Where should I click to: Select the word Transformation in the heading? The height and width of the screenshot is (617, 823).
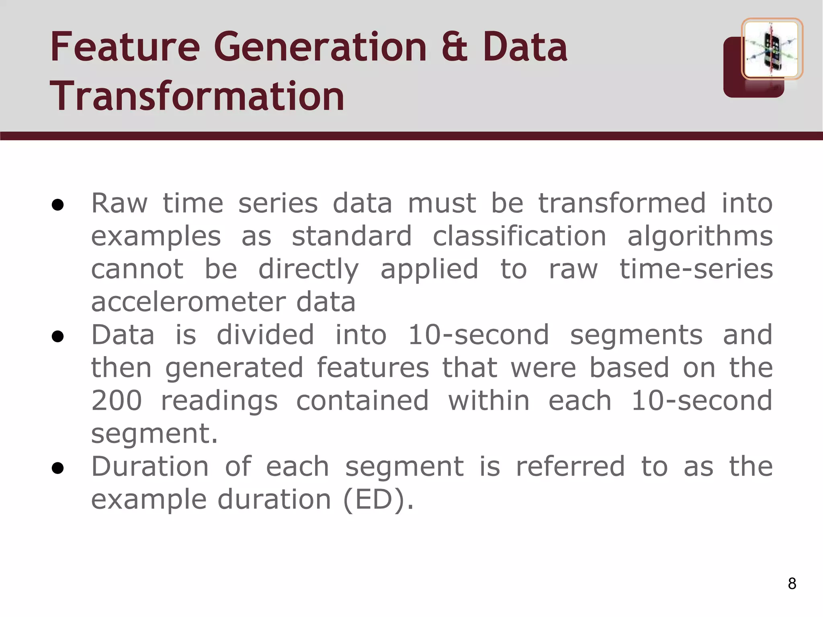[197, 96]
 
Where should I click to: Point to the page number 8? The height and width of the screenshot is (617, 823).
[792, 583]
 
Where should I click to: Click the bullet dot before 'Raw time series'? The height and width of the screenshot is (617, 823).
[58, 205]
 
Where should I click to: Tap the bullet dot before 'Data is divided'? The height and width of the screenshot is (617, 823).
[58, 337]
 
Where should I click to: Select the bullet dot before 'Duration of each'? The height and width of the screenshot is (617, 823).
[58, 468]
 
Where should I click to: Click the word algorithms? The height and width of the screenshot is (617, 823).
[700, 237]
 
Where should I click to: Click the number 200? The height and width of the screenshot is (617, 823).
[117, 401]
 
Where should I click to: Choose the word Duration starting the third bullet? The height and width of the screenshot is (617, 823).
[150, 467]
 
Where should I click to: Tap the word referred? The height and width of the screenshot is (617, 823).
[570, 467]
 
